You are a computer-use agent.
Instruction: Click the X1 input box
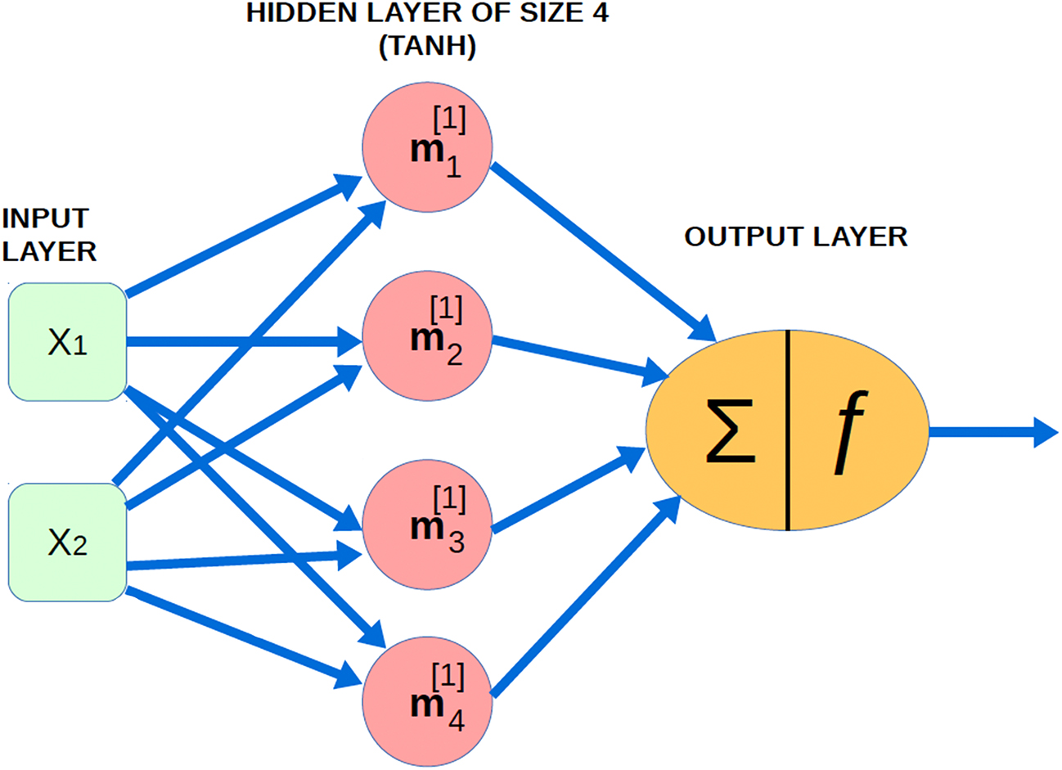[x=67, y=342]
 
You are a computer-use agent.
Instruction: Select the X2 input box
[x=67, y=543]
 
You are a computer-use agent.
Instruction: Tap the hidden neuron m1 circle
[x=427, y=147]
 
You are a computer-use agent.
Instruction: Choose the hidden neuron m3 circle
[x=427, y=525]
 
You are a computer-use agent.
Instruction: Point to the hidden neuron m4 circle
[x=427, y=703]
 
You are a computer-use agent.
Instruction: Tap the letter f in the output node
[x=849, y=430]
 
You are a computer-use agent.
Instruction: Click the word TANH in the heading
[x=427, y=47]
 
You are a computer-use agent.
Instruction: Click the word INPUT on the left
[x=45, y=218]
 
